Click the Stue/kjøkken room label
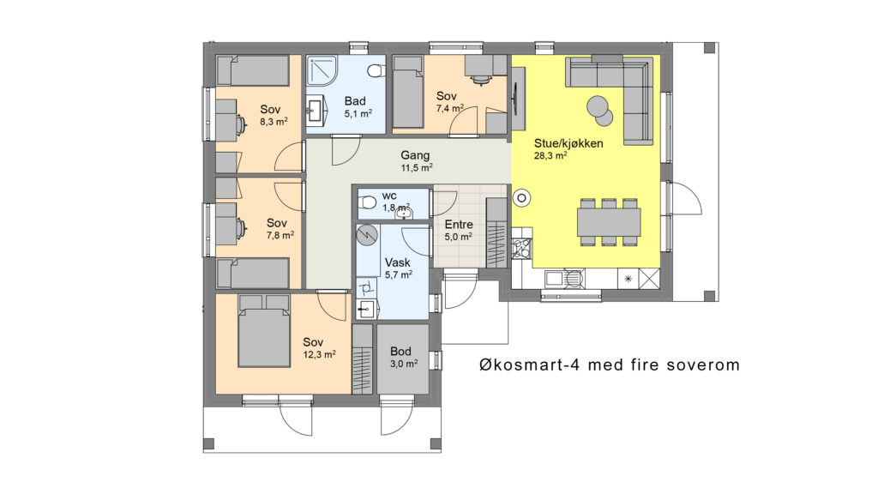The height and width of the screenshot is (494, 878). point(568,143)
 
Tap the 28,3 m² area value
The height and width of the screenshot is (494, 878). point(550,156)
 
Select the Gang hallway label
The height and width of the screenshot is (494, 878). point(415,155)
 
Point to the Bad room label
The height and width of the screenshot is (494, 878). point(355,101)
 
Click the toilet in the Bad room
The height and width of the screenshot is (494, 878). point(376,71)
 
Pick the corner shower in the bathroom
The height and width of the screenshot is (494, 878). point(322,70)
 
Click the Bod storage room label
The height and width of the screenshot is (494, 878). point(400,351)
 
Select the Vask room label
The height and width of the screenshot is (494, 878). point(397,262)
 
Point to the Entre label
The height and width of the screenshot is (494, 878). point(459,224)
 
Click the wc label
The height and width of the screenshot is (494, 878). point(389,196)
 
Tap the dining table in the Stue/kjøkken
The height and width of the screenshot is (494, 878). point(609,222)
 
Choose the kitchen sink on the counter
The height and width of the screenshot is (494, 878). point(555,279)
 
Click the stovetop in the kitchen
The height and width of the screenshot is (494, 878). point(521,248)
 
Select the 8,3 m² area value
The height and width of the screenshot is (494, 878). point(274,122)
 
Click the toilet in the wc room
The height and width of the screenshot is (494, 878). point(367,202)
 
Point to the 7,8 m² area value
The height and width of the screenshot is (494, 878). point(280,235)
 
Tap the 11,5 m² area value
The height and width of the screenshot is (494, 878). point(416,167)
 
